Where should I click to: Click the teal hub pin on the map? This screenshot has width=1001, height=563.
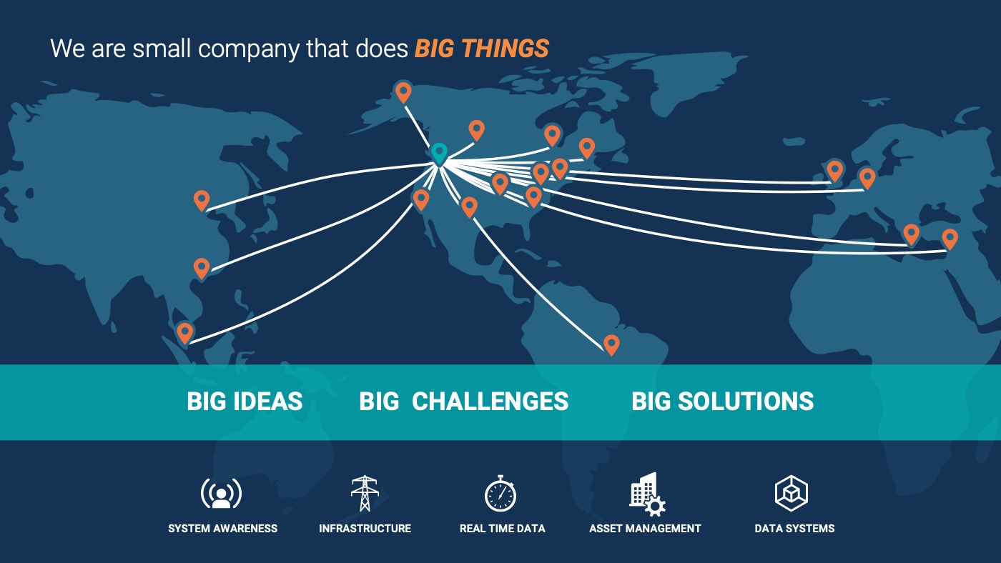[x=439, y=154]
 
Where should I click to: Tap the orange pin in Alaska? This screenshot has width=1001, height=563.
[x=403, y=92]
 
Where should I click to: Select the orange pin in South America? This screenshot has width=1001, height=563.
[x=611, y=344]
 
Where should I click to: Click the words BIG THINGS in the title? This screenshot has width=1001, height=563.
[x=482, y=49]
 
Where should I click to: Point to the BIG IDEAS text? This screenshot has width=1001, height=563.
[x=245, y=401]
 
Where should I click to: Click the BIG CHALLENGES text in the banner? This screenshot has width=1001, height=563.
[x=464, y=401]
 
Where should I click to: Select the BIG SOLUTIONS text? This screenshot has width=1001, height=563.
[x=723, y=401]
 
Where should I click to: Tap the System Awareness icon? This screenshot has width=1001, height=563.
[x=221, y=494]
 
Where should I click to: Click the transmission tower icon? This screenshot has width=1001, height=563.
[x=365, y=493]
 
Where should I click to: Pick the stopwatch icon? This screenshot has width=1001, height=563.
[x=500, y=494]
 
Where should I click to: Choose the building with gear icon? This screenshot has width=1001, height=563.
[x=647, y=494]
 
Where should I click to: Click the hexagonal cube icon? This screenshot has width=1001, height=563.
[x=792, y=493]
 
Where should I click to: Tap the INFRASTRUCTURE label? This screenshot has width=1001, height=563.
[x=365, y=529]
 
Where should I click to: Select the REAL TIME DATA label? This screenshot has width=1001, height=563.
[x=502, y=529]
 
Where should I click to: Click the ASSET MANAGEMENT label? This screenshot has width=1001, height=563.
[x=645, y=529]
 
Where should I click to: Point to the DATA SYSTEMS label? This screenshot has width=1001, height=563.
[x=794, y=529]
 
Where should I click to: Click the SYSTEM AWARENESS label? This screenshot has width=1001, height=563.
[x=222, y=529]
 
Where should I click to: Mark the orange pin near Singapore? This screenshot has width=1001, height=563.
[x=185, y=333]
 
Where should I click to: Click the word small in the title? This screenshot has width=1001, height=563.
[x=162, y=48]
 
